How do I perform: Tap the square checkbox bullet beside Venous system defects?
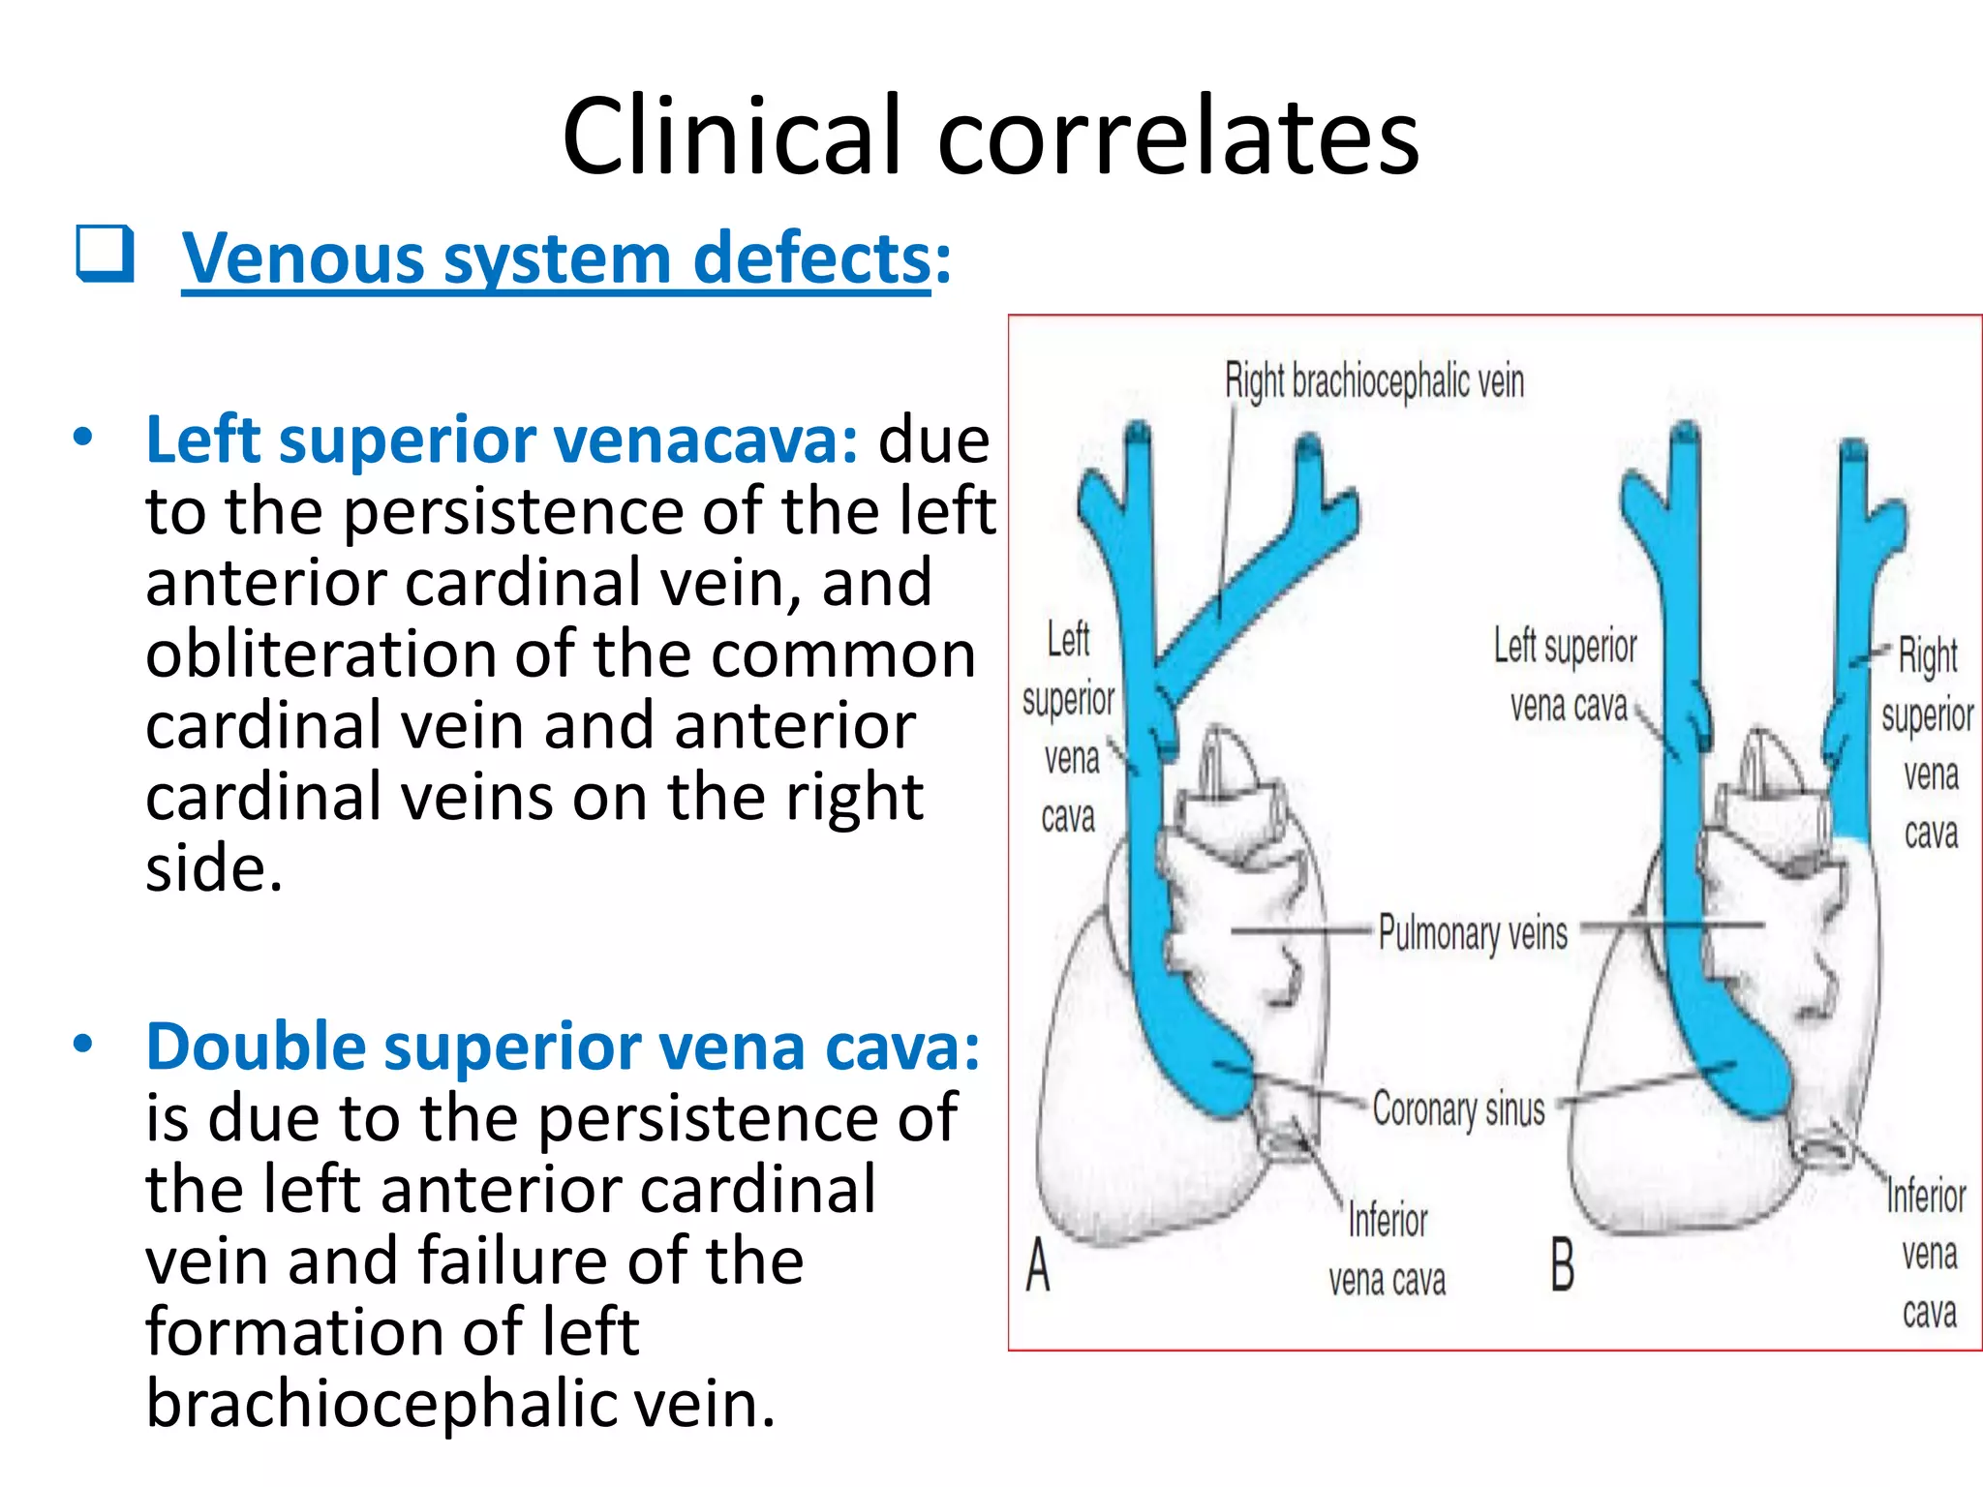point(105,254)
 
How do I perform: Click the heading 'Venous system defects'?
point(556,259)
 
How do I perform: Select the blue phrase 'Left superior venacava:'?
point(501,440)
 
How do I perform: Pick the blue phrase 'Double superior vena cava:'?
point(563,1047)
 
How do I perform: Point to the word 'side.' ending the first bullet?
point(214,868)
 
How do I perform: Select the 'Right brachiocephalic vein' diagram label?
point(1374,381)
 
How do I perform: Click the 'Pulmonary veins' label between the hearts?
point(1472,933)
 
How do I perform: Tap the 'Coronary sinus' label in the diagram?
point(1458,1109)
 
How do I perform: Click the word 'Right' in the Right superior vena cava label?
point(1927,656)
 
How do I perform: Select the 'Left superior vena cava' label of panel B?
point(1566,676)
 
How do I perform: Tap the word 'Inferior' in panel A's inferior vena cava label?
point(1388,1220)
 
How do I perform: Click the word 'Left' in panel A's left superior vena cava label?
point(1068,640)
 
